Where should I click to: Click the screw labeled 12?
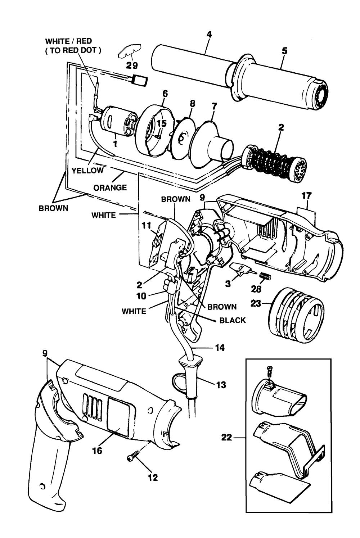coord(131,458)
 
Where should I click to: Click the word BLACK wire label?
coord(233,320)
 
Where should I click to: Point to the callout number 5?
coord(284,51)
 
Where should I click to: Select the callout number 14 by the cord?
coord(220,348)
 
